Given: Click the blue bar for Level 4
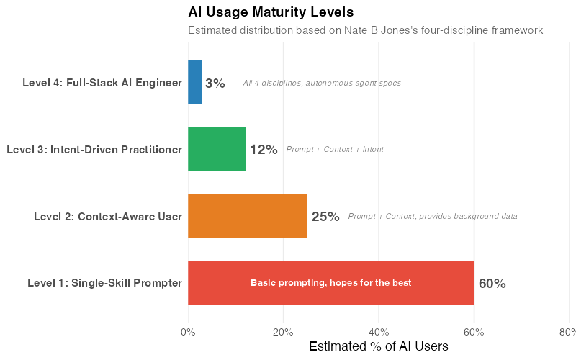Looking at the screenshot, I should [x=195, y=83].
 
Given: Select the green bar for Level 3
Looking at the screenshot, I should [x=217, y=149].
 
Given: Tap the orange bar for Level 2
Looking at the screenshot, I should [x=248, y=216].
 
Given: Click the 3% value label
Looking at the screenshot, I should [x=215, y=84].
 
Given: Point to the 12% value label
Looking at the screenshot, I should [x=264, y=150].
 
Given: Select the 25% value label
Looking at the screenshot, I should [x=325, y=217].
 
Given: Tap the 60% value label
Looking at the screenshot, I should [x=492, y=284].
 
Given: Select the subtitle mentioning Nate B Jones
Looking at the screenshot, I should [x=365, y=30].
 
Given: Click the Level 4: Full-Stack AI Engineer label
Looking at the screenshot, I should [x=102, y=83].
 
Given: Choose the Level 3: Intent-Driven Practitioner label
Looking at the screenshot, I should [x=94, y=150].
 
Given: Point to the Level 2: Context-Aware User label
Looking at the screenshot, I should [x=108, y=216].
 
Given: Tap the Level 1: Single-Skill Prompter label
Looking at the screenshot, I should [x=104, y=283].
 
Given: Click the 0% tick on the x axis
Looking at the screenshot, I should [x=188, y=332].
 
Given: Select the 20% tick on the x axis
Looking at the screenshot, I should [x=283, y=332].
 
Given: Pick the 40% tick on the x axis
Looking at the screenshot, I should [x=379, y=332].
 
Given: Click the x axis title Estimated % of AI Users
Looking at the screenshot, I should [x=379, y=346].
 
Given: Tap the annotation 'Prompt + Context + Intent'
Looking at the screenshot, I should [x=335, y=150].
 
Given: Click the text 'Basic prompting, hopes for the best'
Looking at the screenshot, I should [x=331, y=283].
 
